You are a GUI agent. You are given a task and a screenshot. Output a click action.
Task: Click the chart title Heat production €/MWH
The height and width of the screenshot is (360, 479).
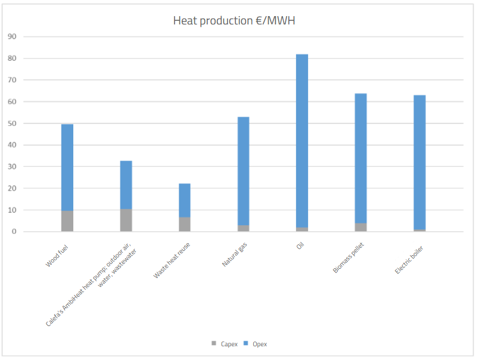coord(234,21)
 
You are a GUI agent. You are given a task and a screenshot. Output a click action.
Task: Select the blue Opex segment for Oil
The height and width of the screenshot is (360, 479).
coord(302,140)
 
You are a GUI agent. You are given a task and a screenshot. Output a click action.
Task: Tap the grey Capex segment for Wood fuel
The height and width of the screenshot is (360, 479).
coord(67,221)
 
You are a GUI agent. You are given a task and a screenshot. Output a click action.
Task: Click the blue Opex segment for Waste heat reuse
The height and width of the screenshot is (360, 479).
coord(185,200)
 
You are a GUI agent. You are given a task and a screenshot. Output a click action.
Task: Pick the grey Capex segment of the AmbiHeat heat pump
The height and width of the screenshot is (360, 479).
coord(126,221)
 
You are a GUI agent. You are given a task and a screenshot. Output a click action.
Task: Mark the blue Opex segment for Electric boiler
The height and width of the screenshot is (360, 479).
coord(419,162)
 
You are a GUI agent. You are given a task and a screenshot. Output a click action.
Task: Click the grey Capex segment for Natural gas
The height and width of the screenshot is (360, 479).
coord(243,228)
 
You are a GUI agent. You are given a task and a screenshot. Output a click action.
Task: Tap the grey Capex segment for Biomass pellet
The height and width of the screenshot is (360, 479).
coord(360,227)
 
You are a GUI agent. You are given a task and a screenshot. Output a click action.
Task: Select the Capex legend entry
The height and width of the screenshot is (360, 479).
coord(225,344)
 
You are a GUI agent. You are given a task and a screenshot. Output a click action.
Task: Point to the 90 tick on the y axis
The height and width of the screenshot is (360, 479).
coord(12,37)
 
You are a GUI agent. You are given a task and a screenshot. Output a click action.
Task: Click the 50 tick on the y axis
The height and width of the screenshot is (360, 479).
coord(12,123)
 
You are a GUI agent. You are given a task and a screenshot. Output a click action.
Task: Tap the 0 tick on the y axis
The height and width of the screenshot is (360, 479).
coord(14,232)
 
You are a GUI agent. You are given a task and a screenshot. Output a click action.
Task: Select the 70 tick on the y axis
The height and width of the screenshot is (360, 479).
coord(12,80)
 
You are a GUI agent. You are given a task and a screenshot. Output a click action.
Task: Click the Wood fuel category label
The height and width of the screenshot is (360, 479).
coord(57,255)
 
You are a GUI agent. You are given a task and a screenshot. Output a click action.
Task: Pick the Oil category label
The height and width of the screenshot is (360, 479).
coord(300,245)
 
